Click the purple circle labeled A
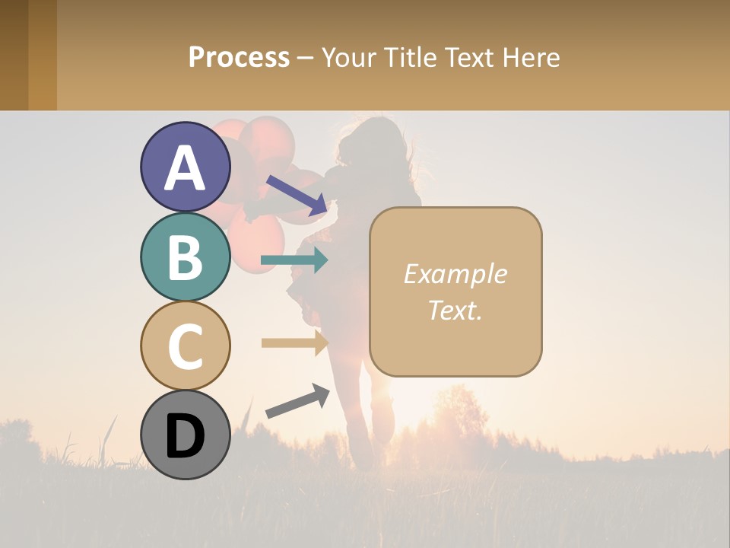(186, 167)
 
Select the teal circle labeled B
(186, 256)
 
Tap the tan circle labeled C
(186, 346)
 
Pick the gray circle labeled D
(186, 435)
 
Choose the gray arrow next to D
(297, 402)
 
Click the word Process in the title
(239, 57)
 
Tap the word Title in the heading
(409, 57)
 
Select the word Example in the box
(455, 274)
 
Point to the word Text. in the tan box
(455, 311)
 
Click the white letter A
(186, 168)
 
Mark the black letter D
(186, 436)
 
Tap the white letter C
(186, 346)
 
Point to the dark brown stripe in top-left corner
(14, 55)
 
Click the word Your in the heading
(348, 57)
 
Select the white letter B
(186, 257)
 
